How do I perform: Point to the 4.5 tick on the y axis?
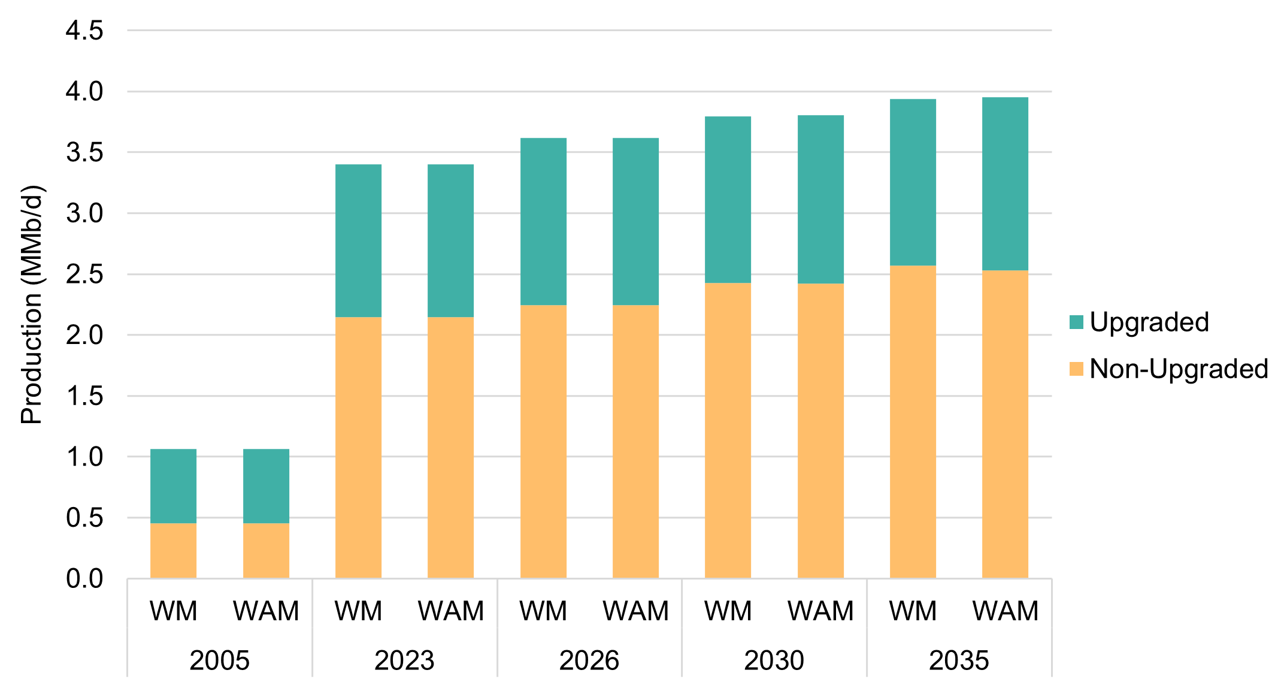[x=84, y=31]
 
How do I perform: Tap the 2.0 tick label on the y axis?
[x=84, y=335]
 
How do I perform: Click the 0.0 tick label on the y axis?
[x=84, y=579]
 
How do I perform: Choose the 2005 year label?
[x=219, y=661]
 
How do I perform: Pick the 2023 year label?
[x=404, y=661]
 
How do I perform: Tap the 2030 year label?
[x=774, y=661]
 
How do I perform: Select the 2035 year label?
[x=959, y=661]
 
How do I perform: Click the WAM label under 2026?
[x=635, y=611]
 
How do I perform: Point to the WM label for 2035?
[x=913, y=611]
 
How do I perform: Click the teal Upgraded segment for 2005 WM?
[x=173, y=486]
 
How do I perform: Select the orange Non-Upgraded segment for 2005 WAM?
[x=266, y=551]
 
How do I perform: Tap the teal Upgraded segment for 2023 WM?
[x=358, y=240]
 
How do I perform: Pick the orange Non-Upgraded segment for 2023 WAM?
[x=450, y=447]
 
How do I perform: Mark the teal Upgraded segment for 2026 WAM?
[x=635, y=222]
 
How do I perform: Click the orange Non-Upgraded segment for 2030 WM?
[x=728, y=430]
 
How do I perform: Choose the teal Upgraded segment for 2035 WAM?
[x=1005, y=184]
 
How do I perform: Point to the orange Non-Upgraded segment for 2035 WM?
[x=913, y=422]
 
